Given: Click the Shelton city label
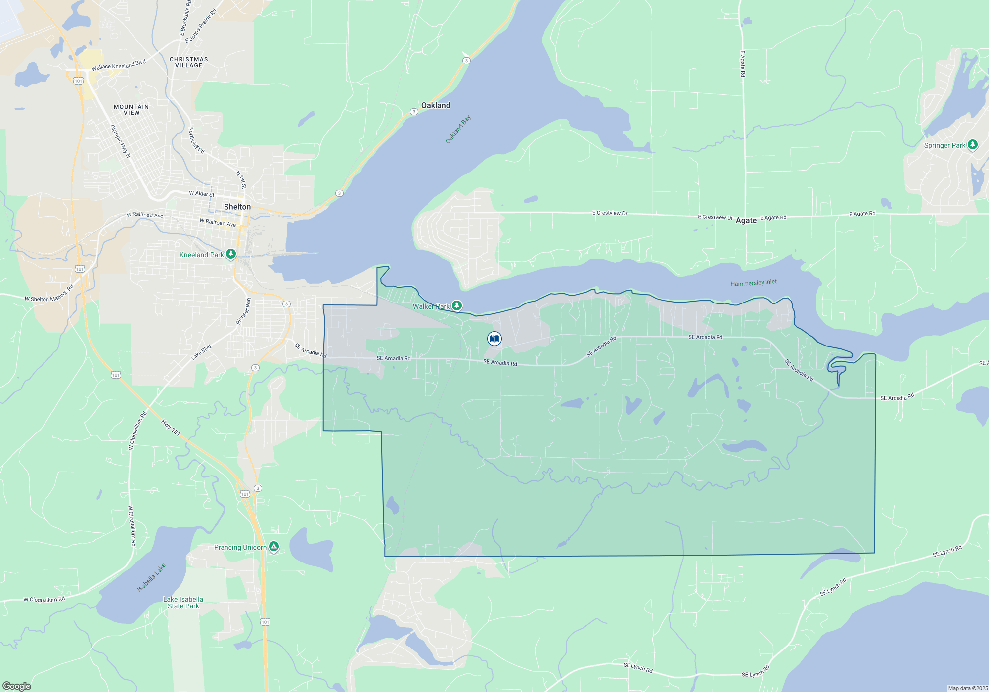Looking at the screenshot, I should click(237, 207).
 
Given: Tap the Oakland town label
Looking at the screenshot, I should click(436, 105).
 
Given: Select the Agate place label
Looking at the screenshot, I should click(746, 220).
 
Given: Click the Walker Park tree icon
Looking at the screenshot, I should click(457, 305).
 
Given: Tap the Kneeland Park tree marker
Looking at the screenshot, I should click(230, 254).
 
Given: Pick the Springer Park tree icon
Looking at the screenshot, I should click(973, 145).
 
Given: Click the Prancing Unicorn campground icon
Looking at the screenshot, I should click(274, 547).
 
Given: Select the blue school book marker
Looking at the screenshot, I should click(494, 339).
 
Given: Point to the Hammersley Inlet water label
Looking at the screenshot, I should click(754, 283).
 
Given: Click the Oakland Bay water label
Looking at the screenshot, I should click(458, 130).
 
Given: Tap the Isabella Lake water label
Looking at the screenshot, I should click(151, 577).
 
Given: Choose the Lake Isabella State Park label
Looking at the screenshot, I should click(183, 603).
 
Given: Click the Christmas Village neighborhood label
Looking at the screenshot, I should click(189, 62).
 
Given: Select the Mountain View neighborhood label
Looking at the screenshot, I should click(131, 110).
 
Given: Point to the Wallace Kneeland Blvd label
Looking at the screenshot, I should click(119, 65).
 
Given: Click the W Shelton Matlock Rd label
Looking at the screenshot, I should click(49, 294).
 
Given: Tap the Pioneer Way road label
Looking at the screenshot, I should click(243, 311).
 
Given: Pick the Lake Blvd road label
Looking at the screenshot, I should click(201, 352).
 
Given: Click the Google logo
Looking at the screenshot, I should click(17, 686).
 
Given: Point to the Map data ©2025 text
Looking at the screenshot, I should click(967, 688).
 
